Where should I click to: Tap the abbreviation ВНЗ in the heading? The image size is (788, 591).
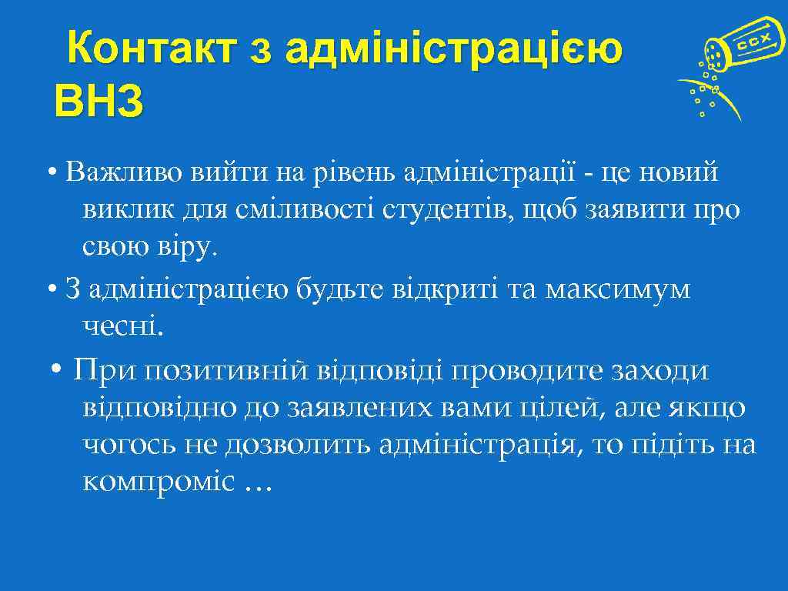pyautogui.click(x=98, y=102)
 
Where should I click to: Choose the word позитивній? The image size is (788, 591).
pyautogui.click(x=226, y=370)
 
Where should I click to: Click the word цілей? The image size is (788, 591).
pyautogui.click(x=560, y=408)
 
